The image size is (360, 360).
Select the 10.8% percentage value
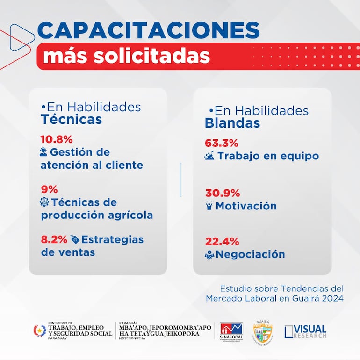(57, 139)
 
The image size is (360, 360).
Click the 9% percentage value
(49, 189)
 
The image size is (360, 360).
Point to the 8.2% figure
(54, 240)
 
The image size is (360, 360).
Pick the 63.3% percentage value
(222, 143)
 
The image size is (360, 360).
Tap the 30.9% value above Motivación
(222, 193)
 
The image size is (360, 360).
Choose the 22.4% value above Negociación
(222, 242)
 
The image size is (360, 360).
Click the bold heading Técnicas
(71, 120)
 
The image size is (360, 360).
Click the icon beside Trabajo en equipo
(209, 156)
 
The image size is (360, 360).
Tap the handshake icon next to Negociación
(209, 255)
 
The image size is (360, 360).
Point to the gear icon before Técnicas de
(45, 202)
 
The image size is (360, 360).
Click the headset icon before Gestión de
(44, 152)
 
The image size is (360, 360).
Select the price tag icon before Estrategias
(75, 240)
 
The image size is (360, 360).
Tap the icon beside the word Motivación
(209, 206)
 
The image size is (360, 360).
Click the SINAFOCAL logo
(231, 331)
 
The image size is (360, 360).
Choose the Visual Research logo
(305, 331)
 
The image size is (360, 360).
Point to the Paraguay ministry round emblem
(39, 331)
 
